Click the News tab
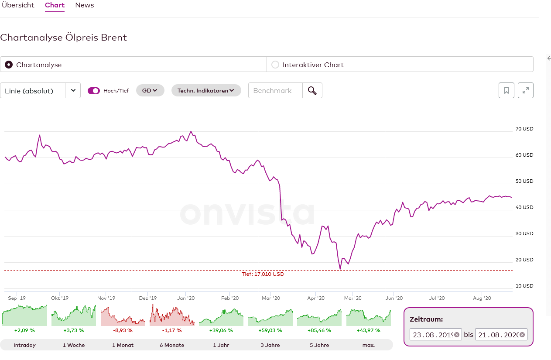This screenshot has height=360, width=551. click(85, 5)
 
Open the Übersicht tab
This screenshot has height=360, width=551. click(18, 5)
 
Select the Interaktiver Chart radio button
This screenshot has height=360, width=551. click(275, 65)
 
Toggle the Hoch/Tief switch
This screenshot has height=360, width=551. click(94, 91)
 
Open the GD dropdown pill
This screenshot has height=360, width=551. click(150, 90)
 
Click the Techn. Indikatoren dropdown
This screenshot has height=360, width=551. click(206, 90)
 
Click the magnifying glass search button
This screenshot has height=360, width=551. click(312, 90)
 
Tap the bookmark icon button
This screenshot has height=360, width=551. click(507, 90)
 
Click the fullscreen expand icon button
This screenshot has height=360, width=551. click(526, 90)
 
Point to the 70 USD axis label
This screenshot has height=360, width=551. click(524, 129)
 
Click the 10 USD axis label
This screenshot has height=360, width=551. click(524, 286)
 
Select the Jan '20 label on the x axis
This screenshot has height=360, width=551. click(186, 298)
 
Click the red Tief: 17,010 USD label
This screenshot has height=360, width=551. click(263, 274)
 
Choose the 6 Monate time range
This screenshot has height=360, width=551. click(172, 345)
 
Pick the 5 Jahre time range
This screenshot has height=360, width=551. click(319, 345)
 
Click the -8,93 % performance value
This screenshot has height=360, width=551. click(122, 330)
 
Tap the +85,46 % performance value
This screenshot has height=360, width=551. click(319, 330)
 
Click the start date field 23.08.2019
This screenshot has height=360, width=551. click(431, 335)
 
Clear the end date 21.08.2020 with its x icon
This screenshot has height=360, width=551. click(522, 335)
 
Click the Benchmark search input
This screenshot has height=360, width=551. click(275, 90)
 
